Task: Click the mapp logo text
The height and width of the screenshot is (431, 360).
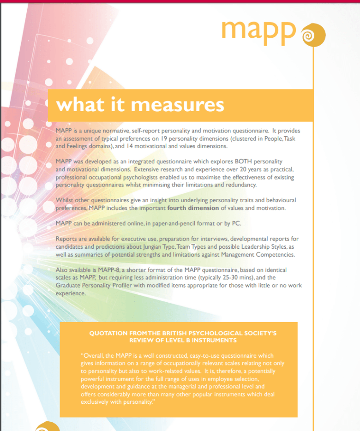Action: click(x=258, y=30)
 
